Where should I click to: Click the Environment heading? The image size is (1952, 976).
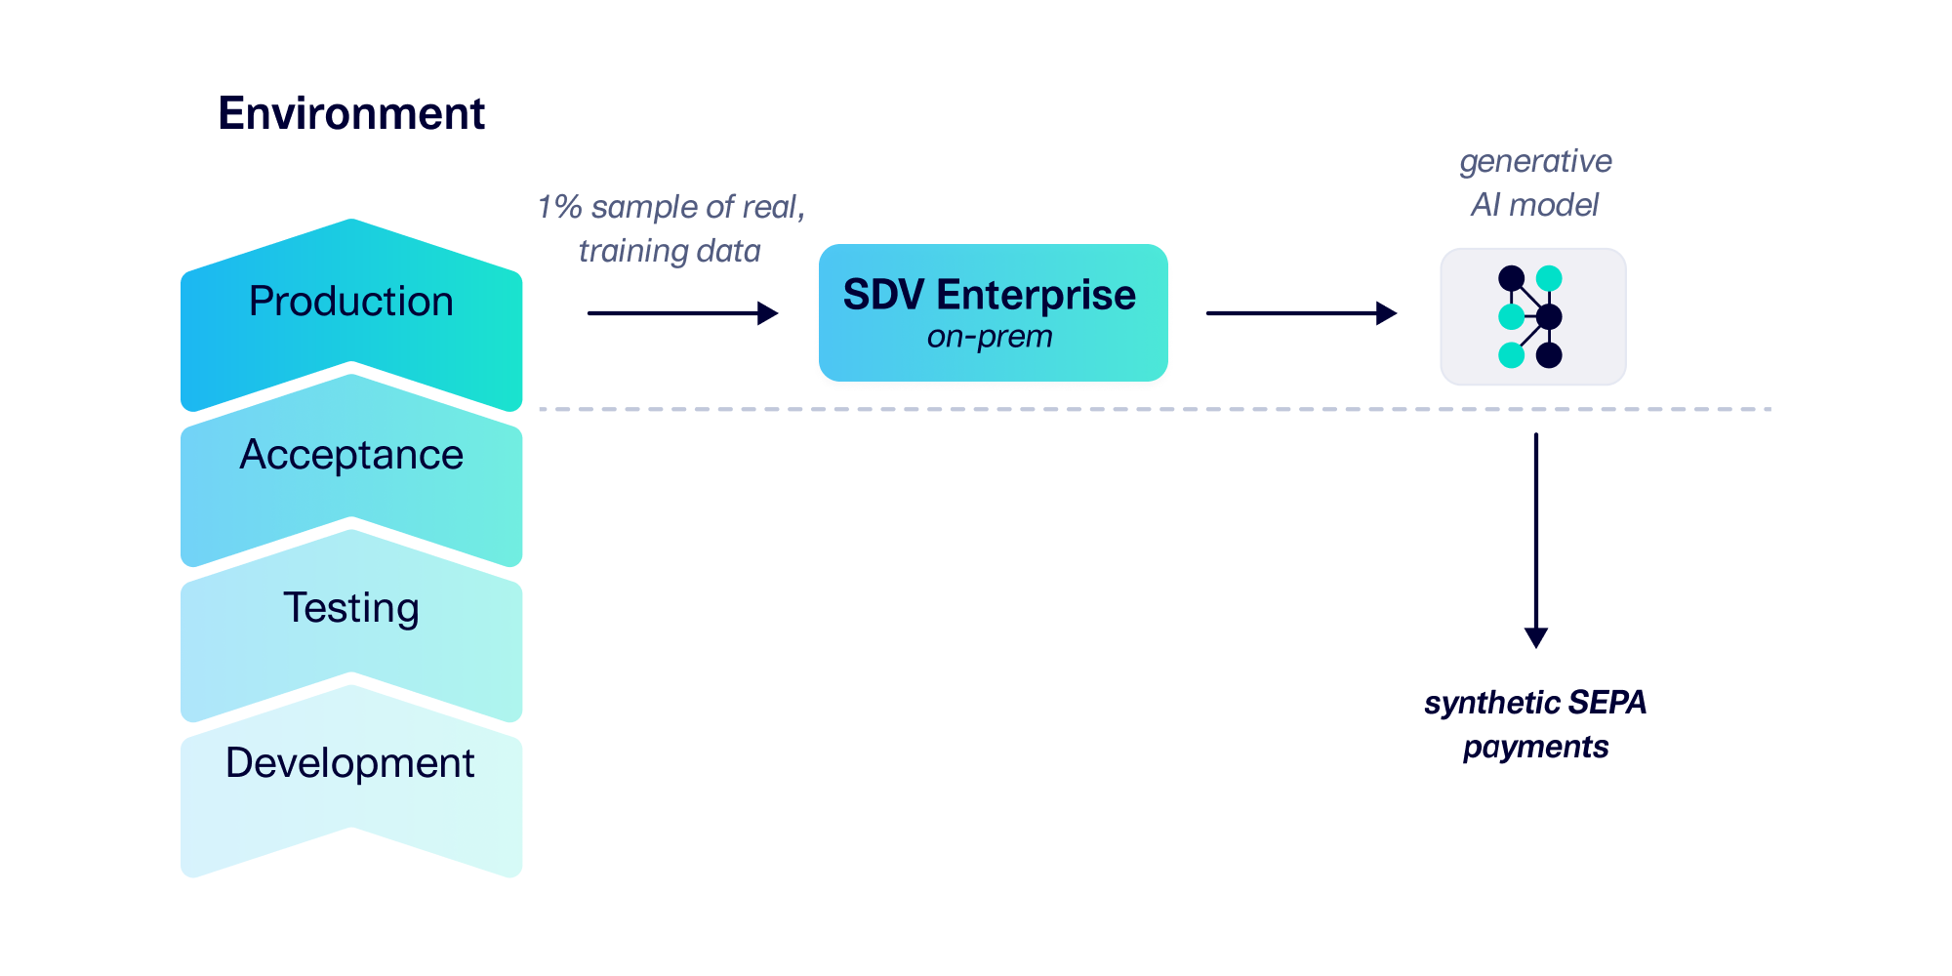point(351,113)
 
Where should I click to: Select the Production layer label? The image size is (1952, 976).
point(351,302)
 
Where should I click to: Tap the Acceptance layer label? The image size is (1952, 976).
point(351,455)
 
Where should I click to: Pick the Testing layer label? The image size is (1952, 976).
point(351,608)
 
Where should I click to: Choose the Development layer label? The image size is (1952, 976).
point(350,763)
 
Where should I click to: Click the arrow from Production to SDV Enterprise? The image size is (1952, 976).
point(682,313)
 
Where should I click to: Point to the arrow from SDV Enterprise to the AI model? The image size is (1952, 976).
point(1301,313)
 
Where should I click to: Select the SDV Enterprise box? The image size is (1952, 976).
point(993,312)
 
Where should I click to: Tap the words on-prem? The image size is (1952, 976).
point(990,337)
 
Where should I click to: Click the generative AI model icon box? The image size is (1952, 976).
point(1533,316)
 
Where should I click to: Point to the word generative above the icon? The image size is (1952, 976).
point(1535,161)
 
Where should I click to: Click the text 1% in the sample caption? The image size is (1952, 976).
point(559,207)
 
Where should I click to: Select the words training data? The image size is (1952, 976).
point(670,252)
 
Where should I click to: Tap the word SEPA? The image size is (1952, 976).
point(1607,703)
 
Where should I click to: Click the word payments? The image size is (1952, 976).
point(1535,748)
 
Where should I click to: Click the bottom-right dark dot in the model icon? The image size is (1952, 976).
point(1549,355)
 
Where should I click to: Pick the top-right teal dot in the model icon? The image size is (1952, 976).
point(1549,279)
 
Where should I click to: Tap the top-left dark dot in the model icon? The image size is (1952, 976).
point(1512,279)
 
